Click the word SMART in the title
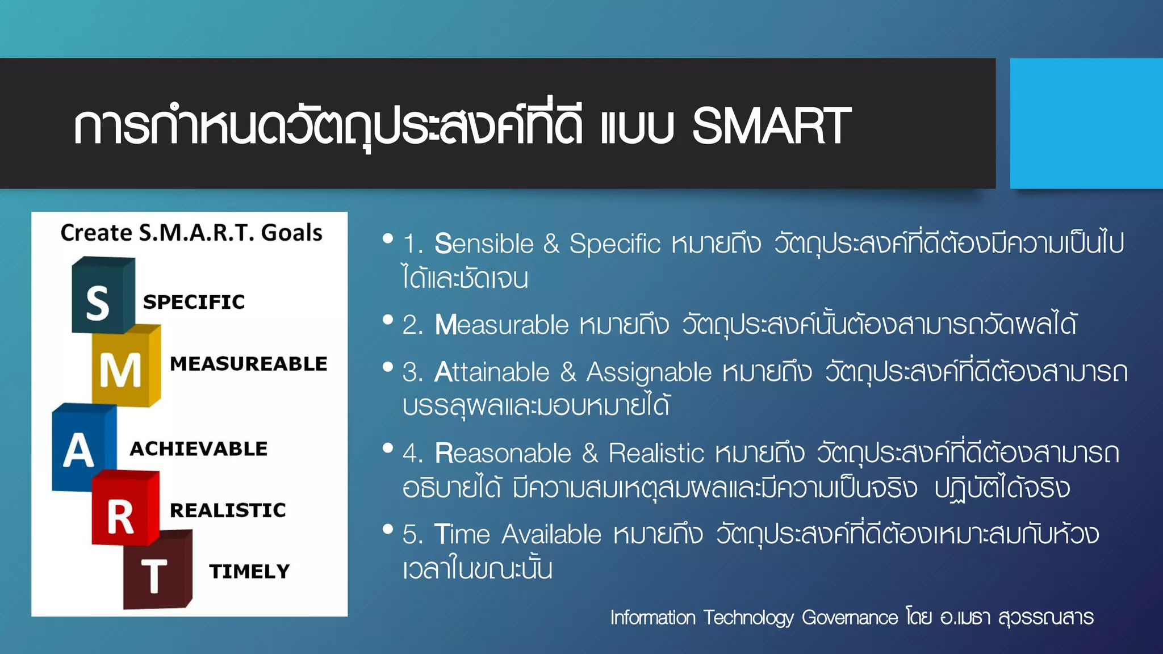pos(771,126)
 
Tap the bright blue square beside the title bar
pos(1086,123)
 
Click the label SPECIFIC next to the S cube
pos(194,302)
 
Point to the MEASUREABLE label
pos(248,364)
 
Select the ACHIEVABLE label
pos(198,449)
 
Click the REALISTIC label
pos(228,510)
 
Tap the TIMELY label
pos(249,572)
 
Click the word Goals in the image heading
pos(291,233)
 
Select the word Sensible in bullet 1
pos(484,244)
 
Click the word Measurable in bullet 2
pos(501,325)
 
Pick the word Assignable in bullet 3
pos(649,373)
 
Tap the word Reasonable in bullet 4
pos(503,454)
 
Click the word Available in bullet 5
pos(551,535)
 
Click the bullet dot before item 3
pos(388,367)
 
